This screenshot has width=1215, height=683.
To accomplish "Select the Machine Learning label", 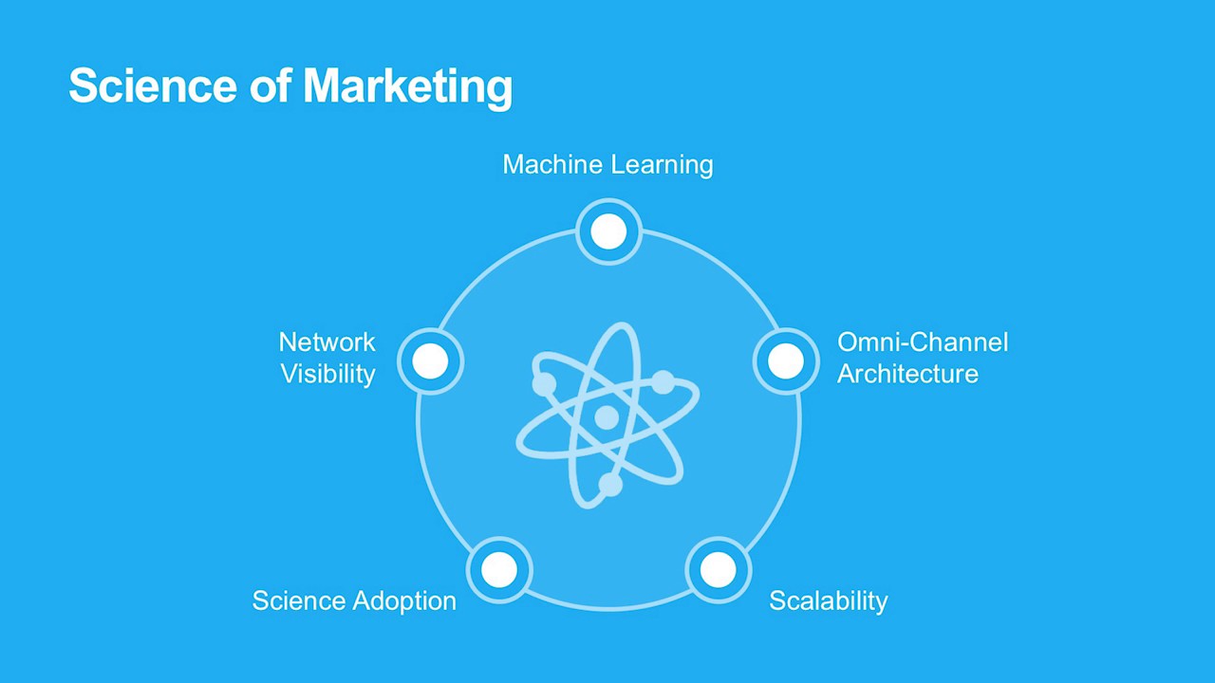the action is click(607, 164).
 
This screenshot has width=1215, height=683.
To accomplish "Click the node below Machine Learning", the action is click(608, 231).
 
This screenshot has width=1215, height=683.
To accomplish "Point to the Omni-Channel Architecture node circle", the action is click(785, 360).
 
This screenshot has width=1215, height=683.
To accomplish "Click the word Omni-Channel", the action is click(922, 341).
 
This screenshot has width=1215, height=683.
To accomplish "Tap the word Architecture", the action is click(907, 374).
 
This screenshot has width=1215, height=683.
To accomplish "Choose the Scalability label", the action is click(828, 600).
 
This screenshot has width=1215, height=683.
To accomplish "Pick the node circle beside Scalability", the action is click(718, 570).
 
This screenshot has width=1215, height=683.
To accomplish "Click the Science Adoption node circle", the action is click(499, 570).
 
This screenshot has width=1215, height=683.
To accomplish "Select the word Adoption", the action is click(404, 601).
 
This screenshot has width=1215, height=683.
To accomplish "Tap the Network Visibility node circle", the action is click(430, 360).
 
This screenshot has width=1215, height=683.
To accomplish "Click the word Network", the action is click(327, 341).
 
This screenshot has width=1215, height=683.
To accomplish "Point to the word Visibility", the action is click(328, 374).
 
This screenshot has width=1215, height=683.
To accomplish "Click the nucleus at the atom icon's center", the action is click(607, 417).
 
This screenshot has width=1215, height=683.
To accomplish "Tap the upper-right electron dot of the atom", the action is click(663, 382).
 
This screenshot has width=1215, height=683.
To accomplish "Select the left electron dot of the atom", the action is click(544, 384).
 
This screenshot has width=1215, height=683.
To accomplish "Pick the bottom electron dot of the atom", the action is click(610, 485).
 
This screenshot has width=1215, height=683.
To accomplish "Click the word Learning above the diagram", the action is click(662, 164).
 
